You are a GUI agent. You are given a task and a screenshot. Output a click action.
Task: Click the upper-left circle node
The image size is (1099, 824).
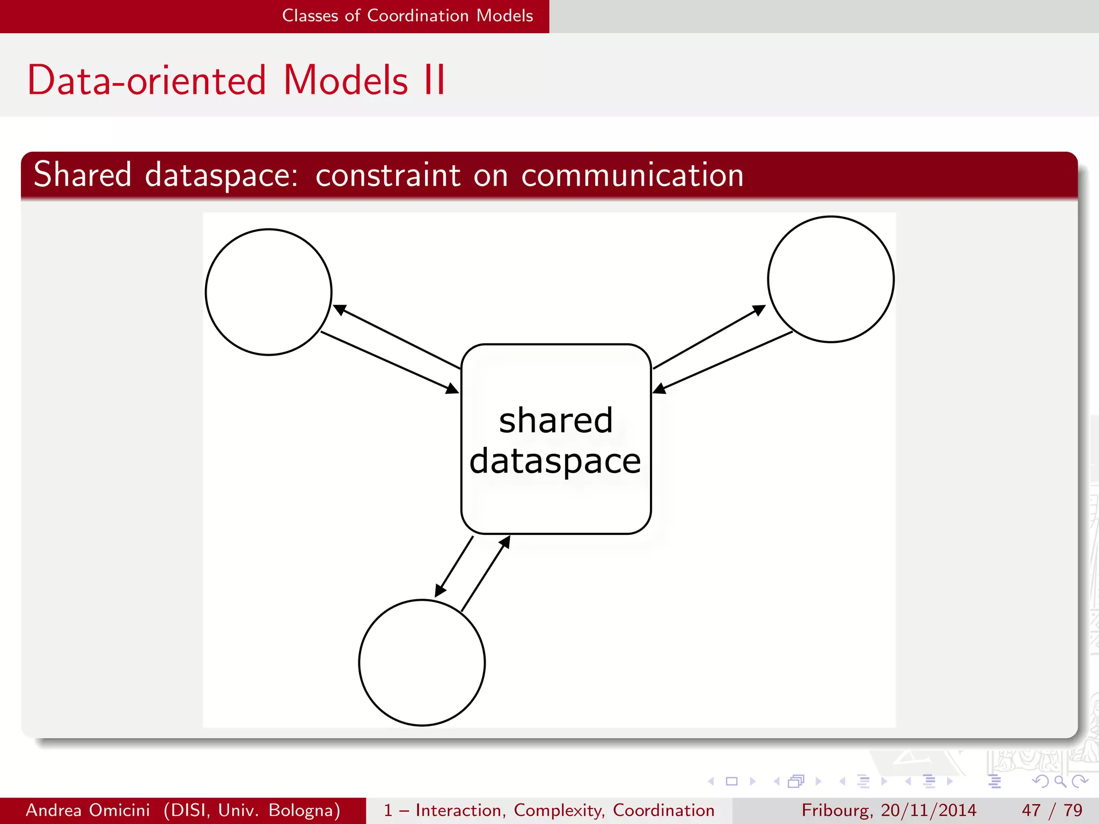(x=268, y=292)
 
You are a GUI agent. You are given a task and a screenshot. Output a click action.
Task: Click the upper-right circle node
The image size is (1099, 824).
(x=831, y=279)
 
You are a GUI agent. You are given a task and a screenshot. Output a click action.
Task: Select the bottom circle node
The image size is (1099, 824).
(x=422, y=663)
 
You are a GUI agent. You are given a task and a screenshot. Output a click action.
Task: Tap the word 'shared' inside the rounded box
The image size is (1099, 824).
(x=555, y=420)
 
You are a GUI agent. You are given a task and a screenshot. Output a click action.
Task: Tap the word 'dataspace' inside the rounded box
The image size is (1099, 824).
(x=555, y=461)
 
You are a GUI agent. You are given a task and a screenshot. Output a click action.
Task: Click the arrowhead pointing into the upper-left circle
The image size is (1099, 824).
(x=339, y=310)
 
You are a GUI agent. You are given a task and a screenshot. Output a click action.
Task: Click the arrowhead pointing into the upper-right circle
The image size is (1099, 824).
(x=759, y=310)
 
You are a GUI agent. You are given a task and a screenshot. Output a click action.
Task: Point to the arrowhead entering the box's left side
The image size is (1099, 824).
(x=453, y=388)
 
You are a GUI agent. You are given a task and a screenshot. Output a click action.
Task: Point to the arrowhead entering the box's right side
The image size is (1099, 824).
(x=660, y=388)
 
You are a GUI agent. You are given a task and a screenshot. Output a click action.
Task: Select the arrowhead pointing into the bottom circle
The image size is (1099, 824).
(x=439, y=591)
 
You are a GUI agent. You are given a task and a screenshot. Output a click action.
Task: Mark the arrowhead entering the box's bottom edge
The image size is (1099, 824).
(x=504, y=542)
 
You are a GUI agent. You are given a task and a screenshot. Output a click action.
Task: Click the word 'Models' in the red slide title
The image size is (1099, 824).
(x=346, y=80)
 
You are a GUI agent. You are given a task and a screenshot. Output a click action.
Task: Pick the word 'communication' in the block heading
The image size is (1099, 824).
(x=632, y=175)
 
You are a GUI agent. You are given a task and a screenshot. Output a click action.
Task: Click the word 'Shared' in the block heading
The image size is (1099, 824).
(x=83, y=175)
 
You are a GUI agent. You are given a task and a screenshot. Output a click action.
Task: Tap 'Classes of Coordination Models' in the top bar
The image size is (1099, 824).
(x=407, y=16)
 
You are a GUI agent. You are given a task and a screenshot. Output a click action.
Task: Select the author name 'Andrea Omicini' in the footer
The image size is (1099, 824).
(x=88, y=810)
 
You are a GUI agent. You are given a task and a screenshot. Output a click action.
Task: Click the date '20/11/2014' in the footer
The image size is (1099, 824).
(x=928, y=810)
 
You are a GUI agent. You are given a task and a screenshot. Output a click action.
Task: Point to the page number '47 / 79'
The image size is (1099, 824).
(x=1052, y=810)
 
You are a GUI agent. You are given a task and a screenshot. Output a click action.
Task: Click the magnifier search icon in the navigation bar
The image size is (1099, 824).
(x=1060, y=781)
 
